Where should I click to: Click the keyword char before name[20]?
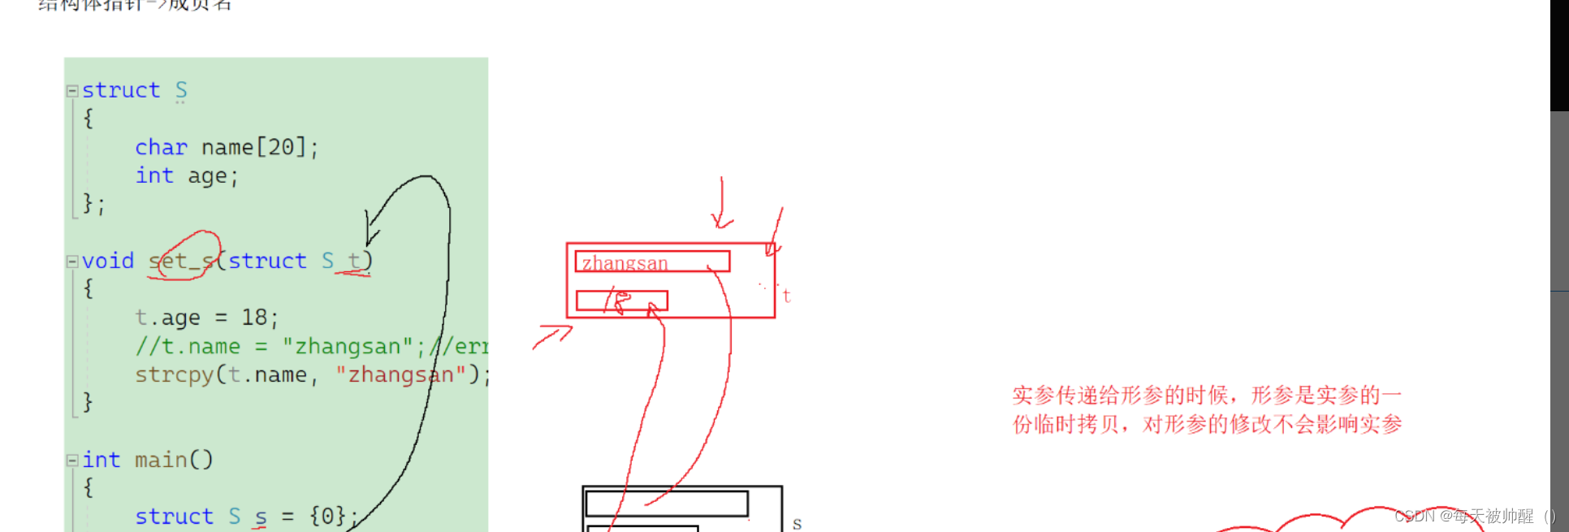coord(161,148)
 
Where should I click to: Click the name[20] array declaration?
coord(254,148)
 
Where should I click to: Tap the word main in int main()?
coord(161,461)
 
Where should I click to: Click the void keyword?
coord(108,262)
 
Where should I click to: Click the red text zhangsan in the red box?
coord(625,263)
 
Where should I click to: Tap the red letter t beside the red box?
coord(786,296)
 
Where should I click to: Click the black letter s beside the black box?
coord(797,524)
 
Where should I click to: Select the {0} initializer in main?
coord(327,517)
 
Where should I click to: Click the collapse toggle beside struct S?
coord(72,91)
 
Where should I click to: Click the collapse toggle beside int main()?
coord(72,461)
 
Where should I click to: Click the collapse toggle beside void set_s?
coord(72,262)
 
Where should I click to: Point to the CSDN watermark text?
coord(1474,516)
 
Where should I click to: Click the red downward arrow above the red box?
coord(721,203)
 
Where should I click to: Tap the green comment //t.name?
coord(188,347)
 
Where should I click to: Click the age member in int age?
coord(208,176)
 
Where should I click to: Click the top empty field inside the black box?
coord(666,503)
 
